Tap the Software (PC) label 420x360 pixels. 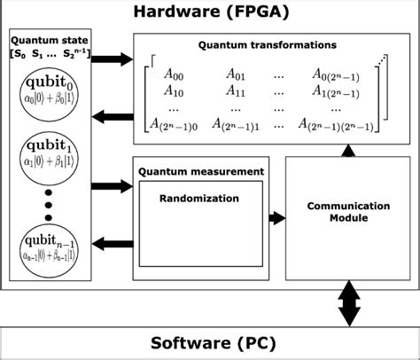pos(210,343)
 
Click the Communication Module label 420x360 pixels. pos(347,212)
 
